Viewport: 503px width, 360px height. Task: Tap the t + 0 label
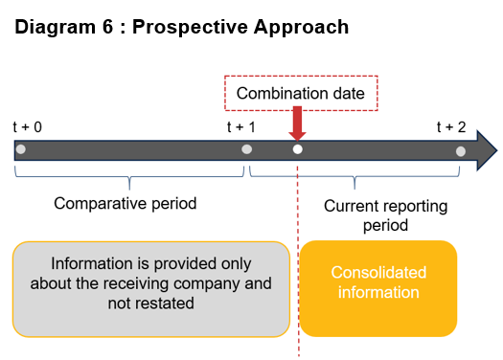point(27,126)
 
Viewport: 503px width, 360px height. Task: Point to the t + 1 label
point(241,126)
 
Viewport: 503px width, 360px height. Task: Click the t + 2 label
point(451,126)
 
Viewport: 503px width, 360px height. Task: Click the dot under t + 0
point(20,149)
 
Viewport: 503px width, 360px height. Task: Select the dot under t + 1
point(246,149)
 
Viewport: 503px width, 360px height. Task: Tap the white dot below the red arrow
point(297,149)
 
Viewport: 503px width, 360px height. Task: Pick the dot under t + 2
point(461,150)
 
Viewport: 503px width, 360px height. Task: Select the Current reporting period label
point(372,215)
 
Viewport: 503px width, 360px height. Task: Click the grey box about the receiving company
point(151,289)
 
